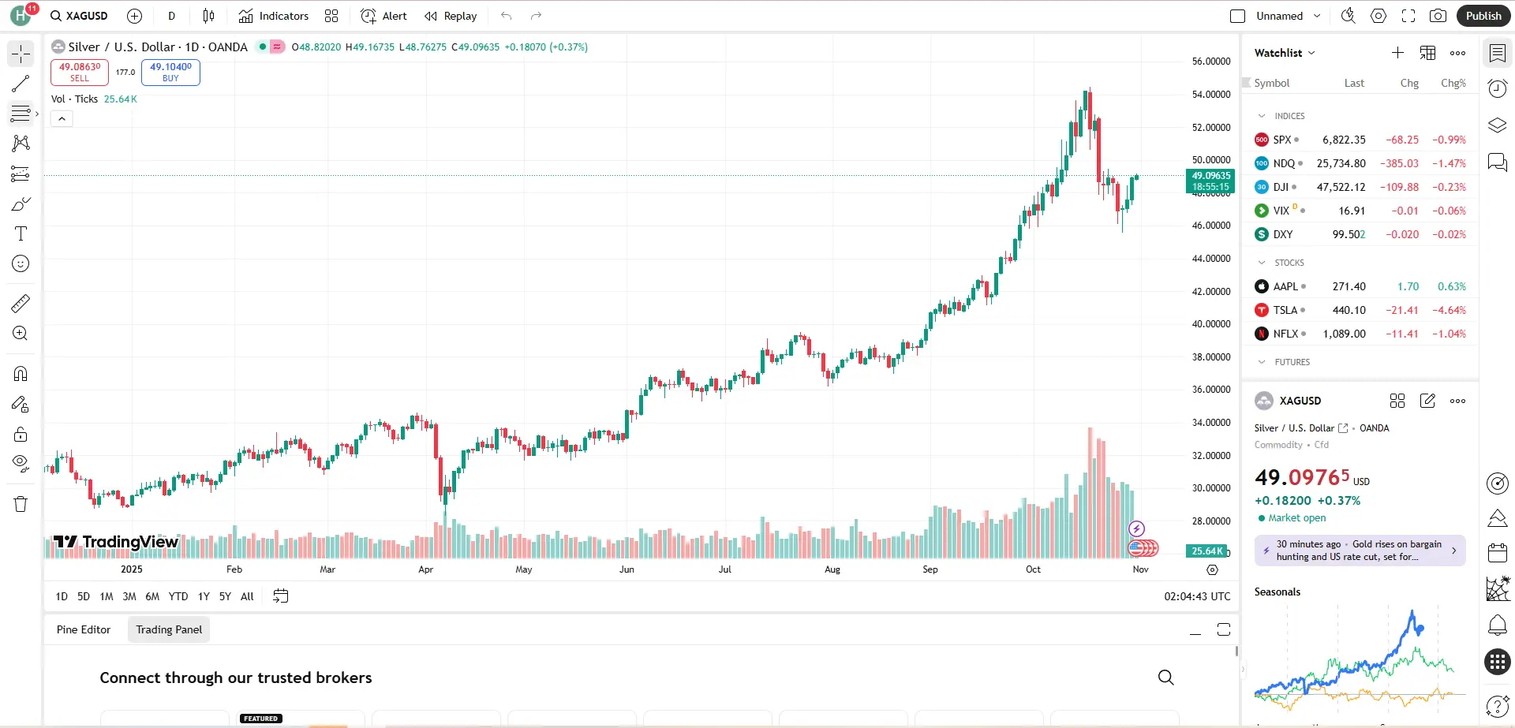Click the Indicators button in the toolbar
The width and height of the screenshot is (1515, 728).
pos(274,16)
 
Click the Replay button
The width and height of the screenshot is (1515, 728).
pos(451,16)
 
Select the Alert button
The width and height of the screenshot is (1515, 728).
pos(384,16)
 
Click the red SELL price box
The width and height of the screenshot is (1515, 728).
pos(80,72)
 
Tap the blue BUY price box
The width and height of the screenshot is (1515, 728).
pos(170,72)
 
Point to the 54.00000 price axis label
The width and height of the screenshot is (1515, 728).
pos(1210,95)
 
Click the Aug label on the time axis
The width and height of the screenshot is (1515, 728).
pos(832,569)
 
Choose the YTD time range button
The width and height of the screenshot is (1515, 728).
pos(178,596)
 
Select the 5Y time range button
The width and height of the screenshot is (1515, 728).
pos(225,596)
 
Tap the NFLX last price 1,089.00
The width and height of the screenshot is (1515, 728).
pos(1344,334)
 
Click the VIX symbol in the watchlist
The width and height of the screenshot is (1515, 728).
pos(1281,211)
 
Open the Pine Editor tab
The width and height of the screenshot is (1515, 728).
pos(84,629)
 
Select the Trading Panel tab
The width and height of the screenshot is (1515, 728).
pos(169,629)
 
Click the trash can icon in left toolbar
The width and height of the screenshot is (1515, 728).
pos(21,504)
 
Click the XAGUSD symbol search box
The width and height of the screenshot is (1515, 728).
pos(79,16)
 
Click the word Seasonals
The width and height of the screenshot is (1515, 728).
pos(1277,592)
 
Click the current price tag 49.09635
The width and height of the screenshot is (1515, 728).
pos(1210,176)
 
